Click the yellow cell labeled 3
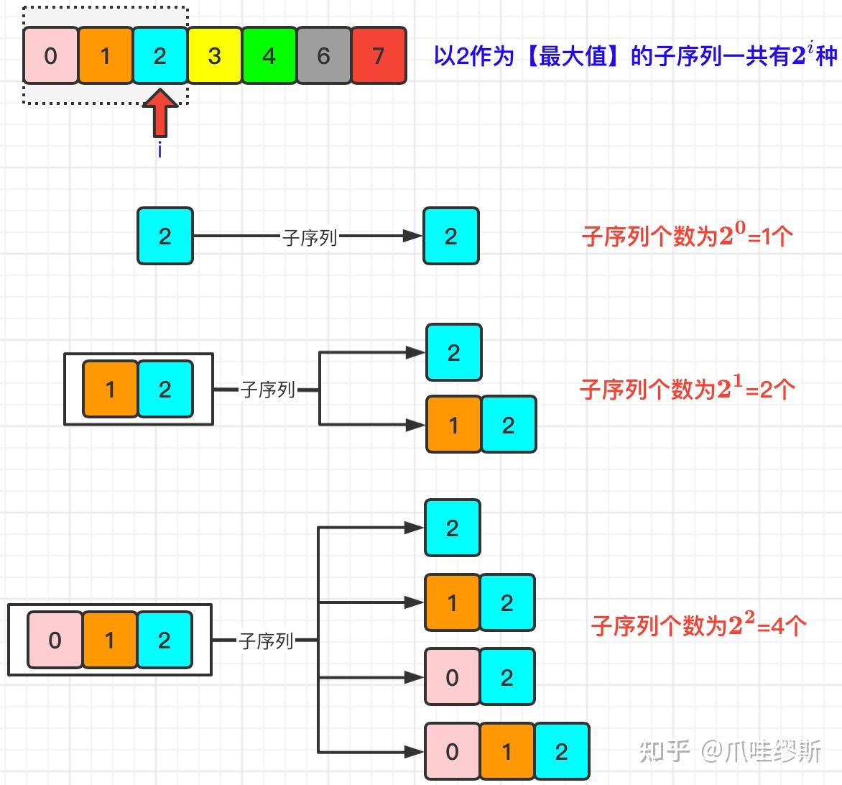coord(214,56)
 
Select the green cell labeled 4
coord(269,56)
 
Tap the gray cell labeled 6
coord(323,56)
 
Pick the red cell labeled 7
coord(379,56)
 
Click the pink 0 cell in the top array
coord(50,56)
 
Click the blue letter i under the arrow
coord(159,150)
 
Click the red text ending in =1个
coord(688,236)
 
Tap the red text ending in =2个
coord(688,389)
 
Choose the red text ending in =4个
coord(698,625)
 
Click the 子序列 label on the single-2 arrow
coord(310,237)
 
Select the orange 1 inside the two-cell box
coord(110,389)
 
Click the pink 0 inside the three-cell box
coord(55,640)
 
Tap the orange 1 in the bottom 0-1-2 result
coord(506,752)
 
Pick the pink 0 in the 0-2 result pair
coord(452,677)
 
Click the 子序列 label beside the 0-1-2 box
coord(266,641)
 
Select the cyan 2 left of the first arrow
coord(165,236)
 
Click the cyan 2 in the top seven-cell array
coord(159,56)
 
